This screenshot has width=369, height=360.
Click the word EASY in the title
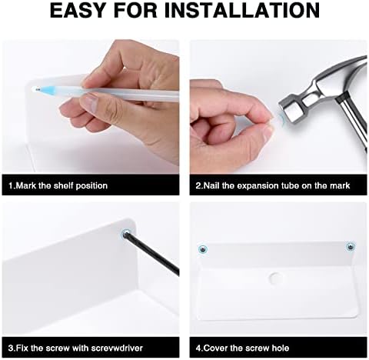pos(78,10)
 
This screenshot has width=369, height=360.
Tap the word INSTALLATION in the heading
pos(245,10)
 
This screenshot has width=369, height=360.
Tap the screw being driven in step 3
pos(126,234)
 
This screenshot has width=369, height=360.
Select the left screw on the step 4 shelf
pos(203,248)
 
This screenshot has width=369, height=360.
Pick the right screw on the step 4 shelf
pos(350,247)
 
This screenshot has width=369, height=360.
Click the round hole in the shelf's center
pos(275,278)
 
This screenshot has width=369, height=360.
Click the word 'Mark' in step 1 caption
pos(26,185)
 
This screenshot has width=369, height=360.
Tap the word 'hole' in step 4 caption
pos(280,348)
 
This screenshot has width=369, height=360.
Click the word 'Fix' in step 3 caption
pos(22,348)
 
